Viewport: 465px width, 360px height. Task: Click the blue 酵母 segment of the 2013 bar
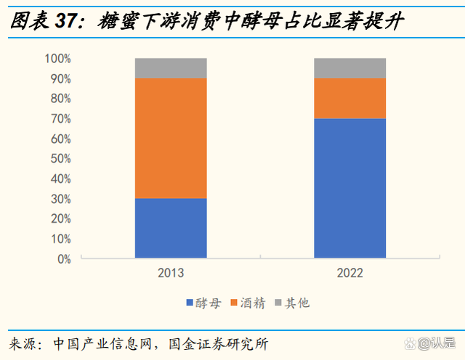(171, 228)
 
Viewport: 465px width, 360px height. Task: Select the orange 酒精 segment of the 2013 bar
(171, 138)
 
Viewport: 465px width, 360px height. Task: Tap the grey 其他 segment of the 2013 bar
(171, 67)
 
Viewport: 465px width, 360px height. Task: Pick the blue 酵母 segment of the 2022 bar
(349, 188)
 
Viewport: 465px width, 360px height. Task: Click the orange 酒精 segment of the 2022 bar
(349, 98)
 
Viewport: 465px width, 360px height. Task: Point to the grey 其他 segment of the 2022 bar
(349, 67)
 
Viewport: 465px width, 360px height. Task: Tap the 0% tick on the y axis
(63, 258)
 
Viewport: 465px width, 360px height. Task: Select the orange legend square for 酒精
(234, 303)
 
